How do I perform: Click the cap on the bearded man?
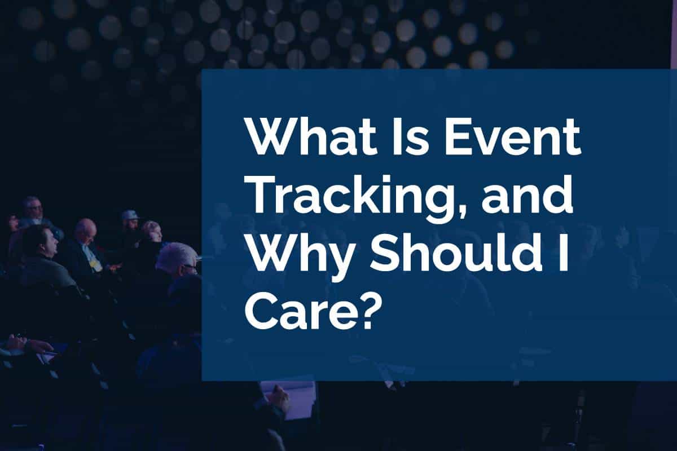click(130, 215)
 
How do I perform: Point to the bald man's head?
click(86, 229)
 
